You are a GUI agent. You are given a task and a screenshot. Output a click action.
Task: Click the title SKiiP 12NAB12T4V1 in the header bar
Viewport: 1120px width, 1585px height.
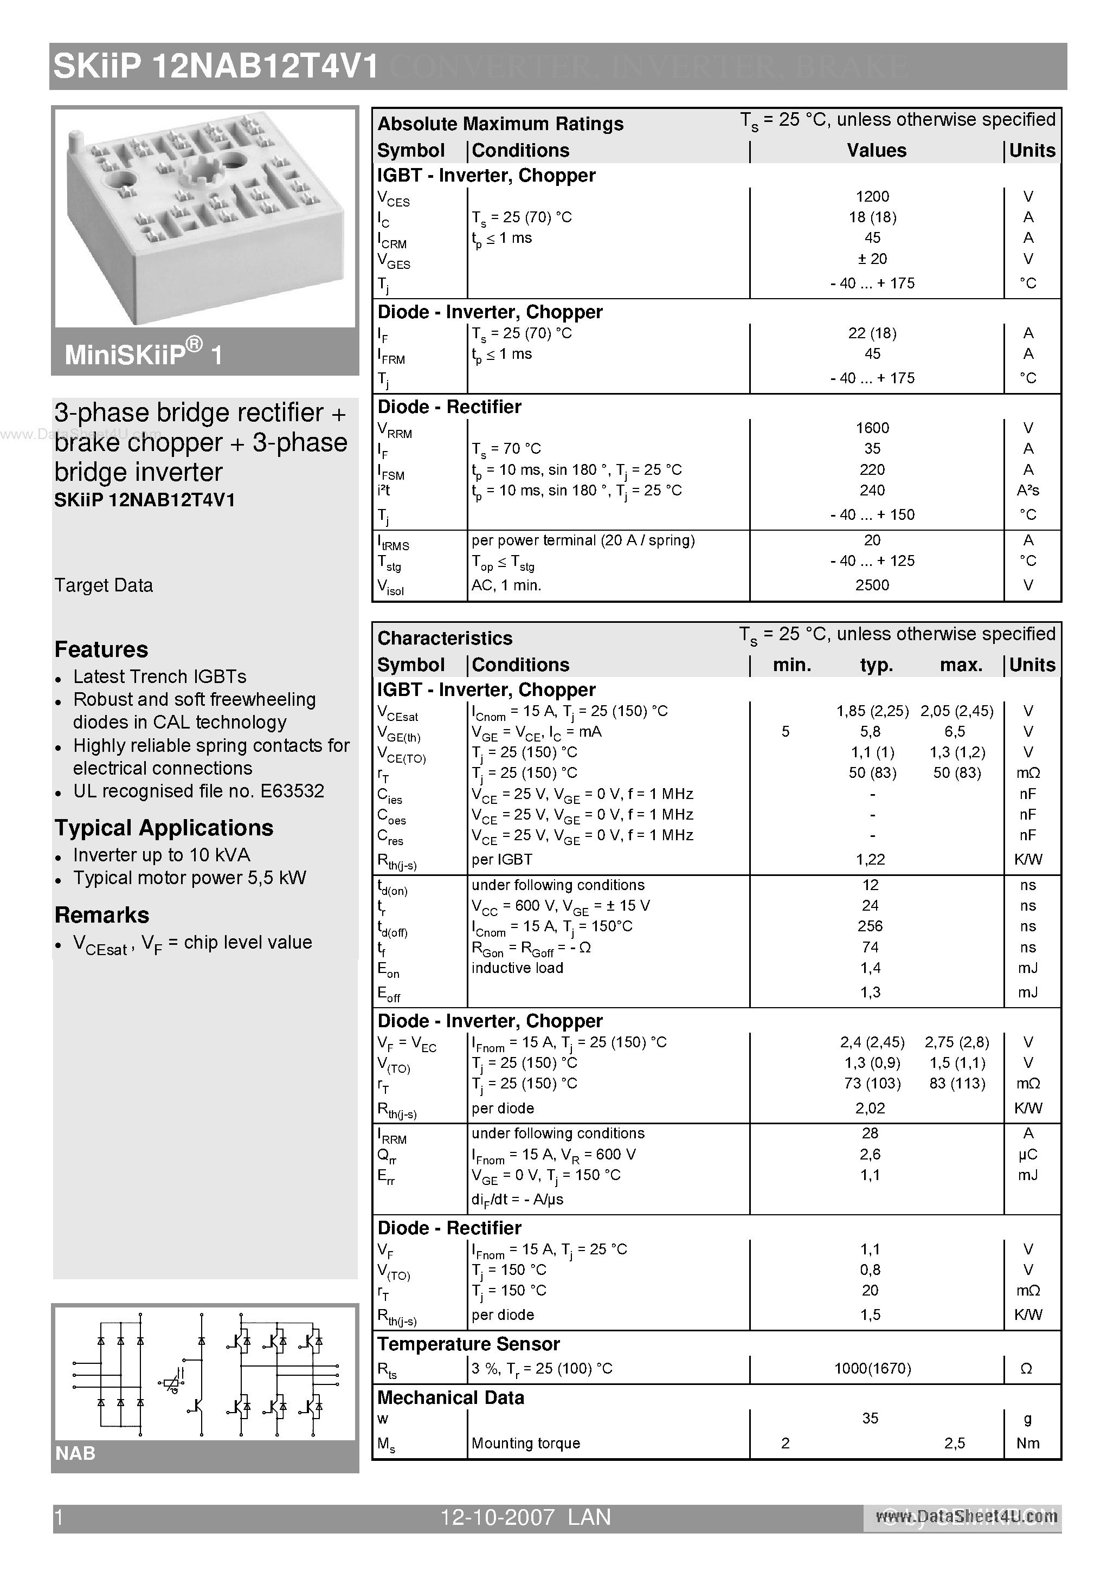(x=215, y=67)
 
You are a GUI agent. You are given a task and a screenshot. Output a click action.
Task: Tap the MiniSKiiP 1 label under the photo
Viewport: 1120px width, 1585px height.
(x=144, y=355)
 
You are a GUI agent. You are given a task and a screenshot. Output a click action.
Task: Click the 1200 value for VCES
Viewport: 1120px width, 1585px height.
(x=872, y=197)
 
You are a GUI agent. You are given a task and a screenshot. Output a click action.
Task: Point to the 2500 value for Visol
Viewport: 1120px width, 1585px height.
(x=872, y=585)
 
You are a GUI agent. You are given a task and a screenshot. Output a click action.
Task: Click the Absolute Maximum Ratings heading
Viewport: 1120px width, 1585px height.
(x=500, y=124)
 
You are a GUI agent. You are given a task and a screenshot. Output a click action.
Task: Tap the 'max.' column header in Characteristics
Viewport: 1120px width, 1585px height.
(x=961, y=665)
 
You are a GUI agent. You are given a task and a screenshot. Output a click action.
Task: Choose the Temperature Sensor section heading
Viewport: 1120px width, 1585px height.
(x=468, y=1344)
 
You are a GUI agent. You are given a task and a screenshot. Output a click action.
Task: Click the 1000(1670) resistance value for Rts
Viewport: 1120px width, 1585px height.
(x=872, y=1368)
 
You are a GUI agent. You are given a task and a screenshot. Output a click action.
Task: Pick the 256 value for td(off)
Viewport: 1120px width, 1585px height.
(x=870, y=926)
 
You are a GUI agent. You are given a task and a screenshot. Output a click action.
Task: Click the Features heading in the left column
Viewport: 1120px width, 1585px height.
(x=101, y=649)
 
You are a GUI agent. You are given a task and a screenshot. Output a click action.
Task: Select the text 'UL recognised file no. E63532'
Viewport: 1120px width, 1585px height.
(x=198, y=791)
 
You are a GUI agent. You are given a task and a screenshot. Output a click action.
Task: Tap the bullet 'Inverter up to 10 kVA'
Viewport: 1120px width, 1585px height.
(x=162, y=855)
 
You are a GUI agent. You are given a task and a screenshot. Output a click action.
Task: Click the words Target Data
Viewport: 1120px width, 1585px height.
(x=104, y=585)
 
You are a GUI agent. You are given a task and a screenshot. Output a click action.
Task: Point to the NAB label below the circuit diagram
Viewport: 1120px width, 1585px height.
(x=75, y=1453)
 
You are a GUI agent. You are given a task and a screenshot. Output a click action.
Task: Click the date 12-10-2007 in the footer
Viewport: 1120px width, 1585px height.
(x=497, y=1517)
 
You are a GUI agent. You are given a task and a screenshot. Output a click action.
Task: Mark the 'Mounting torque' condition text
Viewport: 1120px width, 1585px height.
(x=525, y=1443)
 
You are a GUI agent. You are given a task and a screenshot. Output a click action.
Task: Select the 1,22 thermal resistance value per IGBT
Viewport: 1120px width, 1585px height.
(x=870, y=860)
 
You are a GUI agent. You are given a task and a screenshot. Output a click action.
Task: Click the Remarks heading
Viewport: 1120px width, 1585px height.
(x=101, y=916)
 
